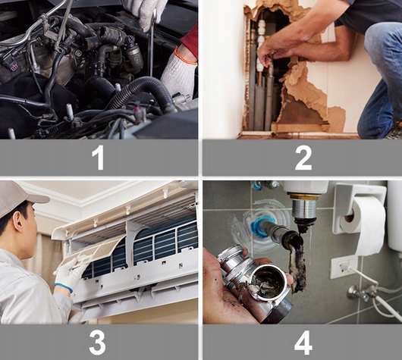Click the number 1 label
(x=98, y=158)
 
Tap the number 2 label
(x=303, y=158)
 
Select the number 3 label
(x=97, y=343)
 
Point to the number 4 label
(x=303, y=343)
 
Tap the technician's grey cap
(x=18, y=198)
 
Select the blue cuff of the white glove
(x=64, y=287)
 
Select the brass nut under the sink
(x=305, y=196)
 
